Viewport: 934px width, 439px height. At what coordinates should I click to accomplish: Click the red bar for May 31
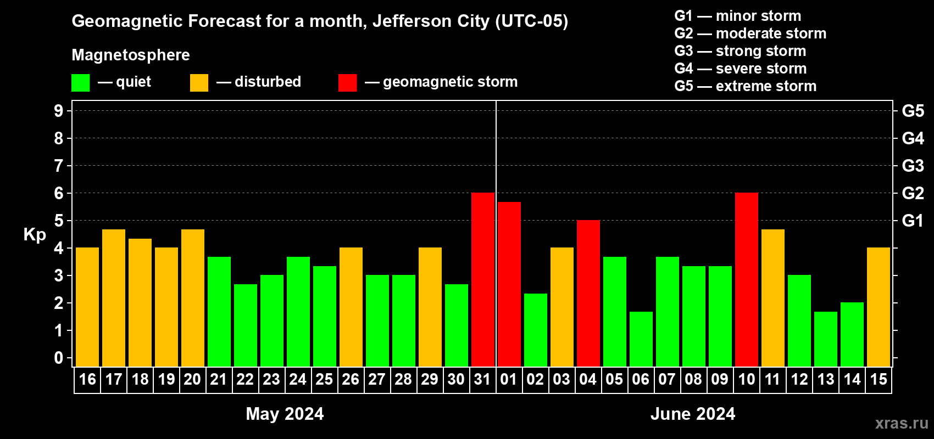point(483,280)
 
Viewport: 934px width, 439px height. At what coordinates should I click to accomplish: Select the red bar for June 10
point(747,280)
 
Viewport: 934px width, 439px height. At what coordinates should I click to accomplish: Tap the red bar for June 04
point(588,294)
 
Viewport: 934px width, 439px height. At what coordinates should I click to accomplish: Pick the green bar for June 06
point(641,339)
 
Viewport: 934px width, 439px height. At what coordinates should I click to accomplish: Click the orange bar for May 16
point(87,307)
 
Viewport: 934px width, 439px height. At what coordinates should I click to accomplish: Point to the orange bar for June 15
point(879,307)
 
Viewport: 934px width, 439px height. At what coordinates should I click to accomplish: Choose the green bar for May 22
point(246,325)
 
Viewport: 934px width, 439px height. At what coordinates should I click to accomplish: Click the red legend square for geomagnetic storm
point(347,83)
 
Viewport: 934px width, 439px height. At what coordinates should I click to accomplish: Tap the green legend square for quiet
point(81,83)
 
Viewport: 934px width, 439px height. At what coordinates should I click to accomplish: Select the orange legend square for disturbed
point(199,83)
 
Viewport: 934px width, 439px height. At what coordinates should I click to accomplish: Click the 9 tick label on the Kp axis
point(59,111)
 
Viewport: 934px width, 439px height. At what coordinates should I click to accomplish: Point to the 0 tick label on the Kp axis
point(59,358)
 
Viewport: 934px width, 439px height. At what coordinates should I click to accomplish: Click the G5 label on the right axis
point(913,111)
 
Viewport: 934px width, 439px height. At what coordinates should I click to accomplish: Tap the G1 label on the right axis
point(913,221)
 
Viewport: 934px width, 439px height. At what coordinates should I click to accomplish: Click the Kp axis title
point(35,235)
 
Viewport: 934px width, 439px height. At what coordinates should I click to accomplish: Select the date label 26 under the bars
point(351,379)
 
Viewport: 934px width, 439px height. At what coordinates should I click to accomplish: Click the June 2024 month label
point(692,414)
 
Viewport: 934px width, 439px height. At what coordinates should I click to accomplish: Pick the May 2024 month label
point(285,414)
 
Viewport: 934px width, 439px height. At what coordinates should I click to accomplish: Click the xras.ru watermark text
point(902,423)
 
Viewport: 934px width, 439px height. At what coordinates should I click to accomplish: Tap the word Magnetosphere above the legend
point(131,55)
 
